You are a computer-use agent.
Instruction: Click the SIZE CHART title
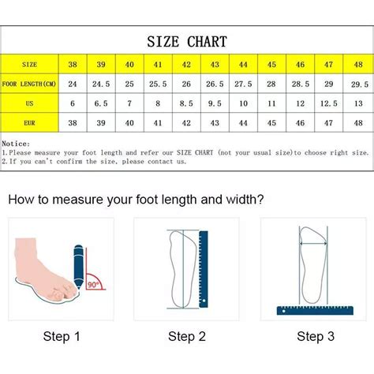[x=187, y=42]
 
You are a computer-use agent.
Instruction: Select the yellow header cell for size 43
[x=215, y=64]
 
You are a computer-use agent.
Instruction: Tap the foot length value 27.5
[x=243, y=84]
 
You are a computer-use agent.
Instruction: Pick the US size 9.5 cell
[x=215, y=103]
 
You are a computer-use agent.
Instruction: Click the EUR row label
[x=29, y=123]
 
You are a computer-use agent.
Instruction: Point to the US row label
[x=29, y=103]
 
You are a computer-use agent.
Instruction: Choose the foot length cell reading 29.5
[x=359, y=84]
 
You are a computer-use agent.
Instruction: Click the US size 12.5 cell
[x=328, y=103]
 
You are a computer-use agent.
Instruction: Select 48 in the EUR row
[x=358, y=123]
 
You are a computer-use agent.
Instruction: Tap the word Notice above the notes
[x=16, y=144]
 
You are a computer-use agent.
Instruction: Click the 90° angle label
[x=93, y=284]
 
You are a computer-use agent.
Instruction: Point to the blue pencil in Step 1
[x=79, y=267]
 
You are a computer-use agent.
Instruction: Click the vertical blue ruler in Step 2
[x=204, y=269]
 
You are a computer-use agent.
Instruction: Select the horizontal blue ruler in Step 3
[x=315, y=311]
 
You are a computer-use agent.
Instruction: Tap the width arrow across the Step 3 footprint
[x=313, y=244]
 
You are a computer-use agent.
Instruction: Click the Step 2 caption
[x=187, y=336]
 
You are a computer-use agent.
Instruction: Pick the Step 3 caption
[x=316, y=336]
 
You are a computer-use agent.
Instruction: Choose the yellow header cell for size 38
[x=73, y=64]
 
